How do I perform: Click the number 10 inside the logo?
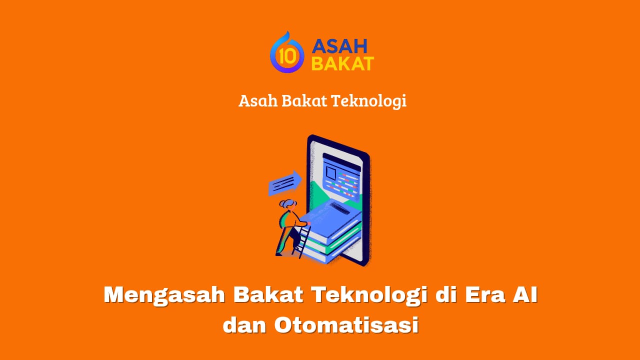[x=287, y=56]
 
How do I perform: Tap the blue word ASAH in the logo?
[x=339, y=46]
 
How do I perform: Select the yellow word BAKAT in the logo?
[x=342, y=63]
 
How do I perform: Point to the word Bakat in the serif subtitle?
[x=304, y=100]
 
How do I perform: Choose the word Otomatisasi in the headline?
[x=346, y=324]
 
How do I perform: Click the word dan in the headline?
[x=244, y=324]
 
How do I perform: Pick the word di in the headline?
[x=445, y=294]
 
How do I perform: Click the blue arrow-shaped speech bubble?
[x=285, y=183]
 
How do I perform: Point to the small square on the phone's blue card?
[x=331, y=173]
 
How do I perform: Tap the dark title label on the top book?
[x=339, y=208]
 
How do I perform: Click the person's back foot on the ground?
[x=278, y=253]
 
